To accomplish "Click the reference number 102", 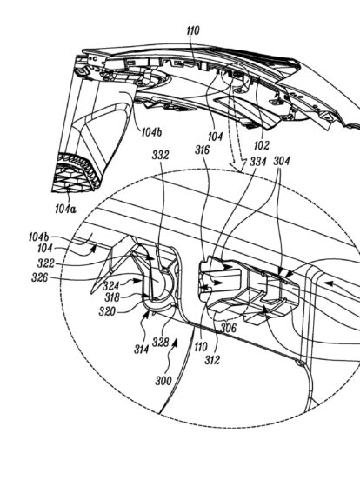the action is (262, 145).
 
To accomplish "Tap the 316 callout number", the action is (202, 150).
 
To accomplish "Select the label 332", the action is (160, 155).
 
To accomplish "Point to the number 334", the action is (258, 162).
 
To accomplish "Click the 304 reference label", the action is (281, 161).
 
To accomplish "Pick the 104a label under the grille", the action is (65, 209).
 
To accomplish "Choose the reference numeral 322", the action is (46, 263).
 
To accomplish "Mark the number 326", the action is (40, 277).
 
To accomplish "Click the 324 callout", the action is (110, 286).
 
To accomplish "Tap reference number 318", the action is (112, 297).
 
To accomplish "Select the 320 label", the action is (107, 311).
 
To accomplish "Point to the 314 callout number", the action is (142, 350).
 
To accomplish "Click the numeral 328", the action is (161, 343).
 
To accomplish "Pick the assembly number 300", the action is (163, 381).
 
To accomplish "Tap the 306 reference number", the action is (229, 328).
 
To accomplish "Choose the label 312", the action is (212, 360).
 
